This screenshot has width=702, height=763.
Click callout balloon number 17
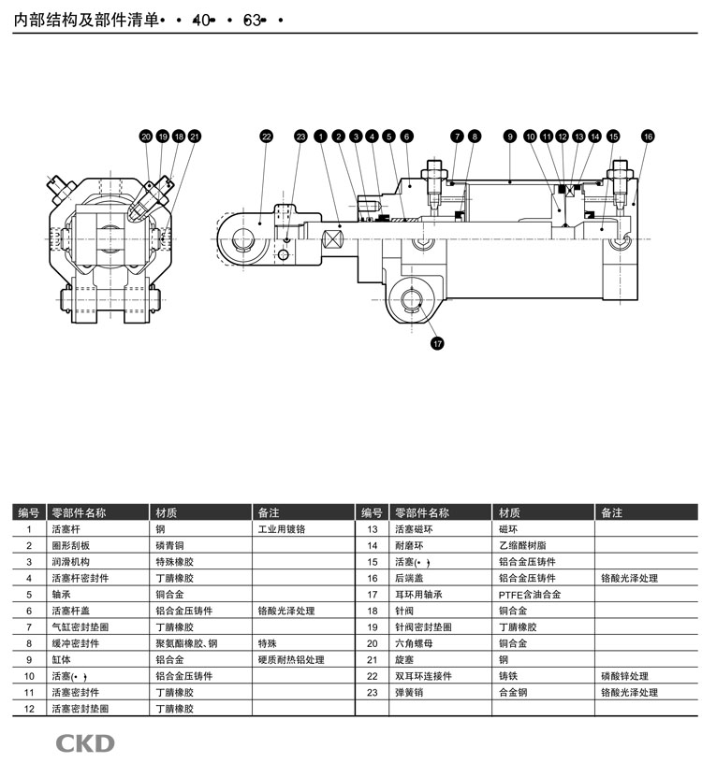coord(437,343)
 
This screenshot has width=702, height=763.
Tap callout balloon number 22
coord(266,137)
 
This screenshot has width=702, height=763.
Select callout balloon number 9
coord(509,137)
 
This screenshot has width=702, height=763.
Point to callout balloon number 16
coord(648,137)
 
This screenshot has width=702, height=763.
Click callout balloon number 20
coord(146,137)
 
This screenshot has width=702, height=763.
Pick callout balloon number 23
coord(300,137)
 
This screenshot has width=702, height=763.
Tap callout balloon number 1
coord(320,137)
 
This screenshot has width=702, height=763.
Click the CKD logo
coord(84,743)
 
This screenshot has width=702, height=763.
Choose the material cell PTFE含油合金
coord(530,595)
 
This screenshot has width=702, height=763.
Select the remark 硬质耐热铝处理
coord(291,660)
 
